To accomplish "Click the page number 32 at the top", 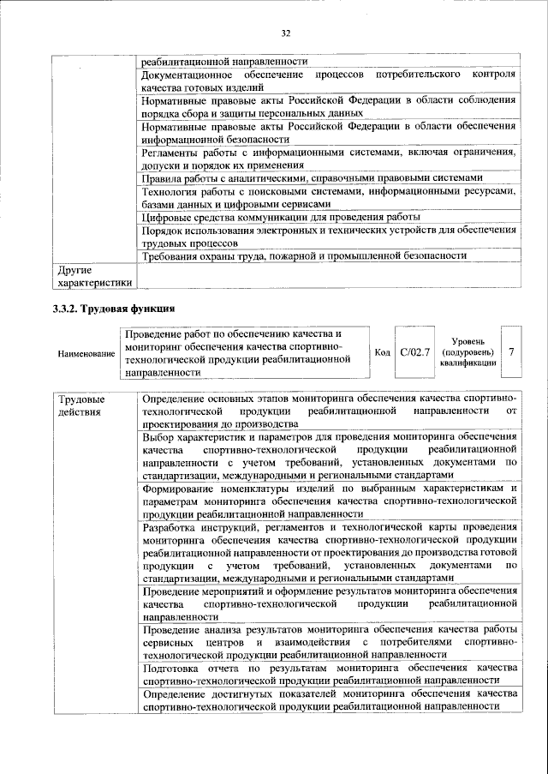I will (286, 33).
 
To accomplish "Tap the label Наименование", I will (86, 353).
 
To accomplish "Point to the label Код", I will (383, 352).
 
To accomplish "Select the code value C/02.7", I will (415, 352).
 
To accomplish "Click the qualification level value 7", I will (511, 352).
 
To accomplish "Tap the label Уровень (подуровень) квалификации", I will (468, 352).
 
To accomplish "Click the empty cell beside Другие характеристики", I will (329, 274).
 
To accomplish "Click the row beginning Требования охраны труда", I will (304, 255).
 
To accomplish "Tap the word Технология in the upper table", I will (170, 191).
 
